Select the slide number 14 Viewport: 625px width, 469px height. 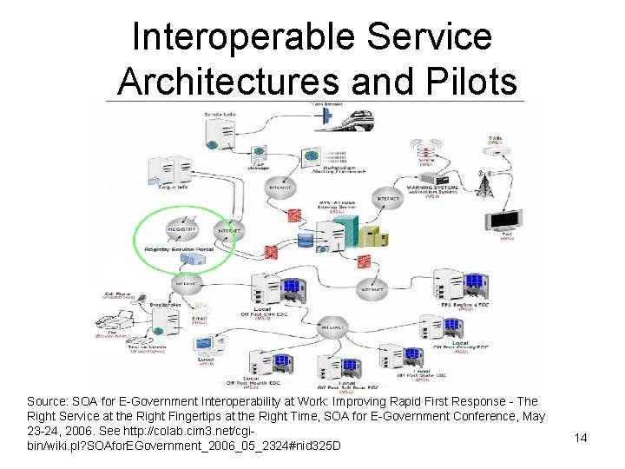point(581,438)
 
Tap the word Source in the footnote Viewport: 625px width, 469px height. point(48,402)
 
